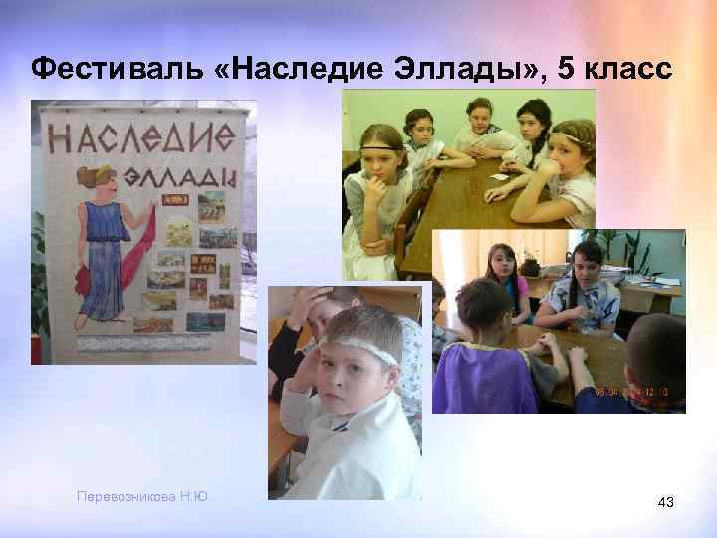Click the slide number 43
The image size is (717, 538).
click(666, 505)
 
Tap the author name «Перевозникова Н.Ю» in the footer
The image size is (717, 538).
click(148, 496)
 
